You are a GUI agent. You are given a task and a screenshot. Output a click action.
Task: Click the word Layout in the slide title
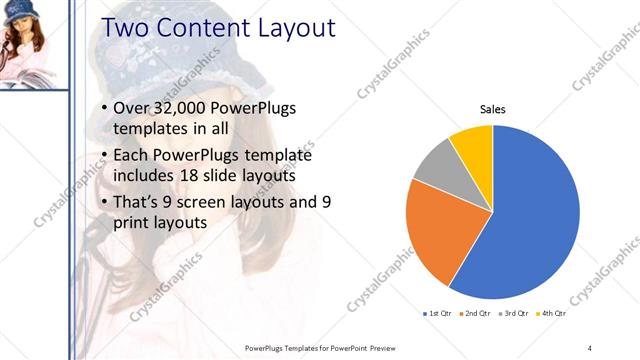point(286,28)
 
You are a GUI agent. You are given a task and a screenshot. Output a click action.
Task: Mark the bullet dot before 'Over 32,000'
point(105,108)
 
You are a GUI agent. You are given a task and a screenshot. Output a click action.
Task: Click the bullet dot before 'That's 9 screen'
point(105,202)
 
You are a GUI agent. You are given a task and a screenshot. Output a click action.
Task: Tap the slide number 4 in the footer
point(590,347)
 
